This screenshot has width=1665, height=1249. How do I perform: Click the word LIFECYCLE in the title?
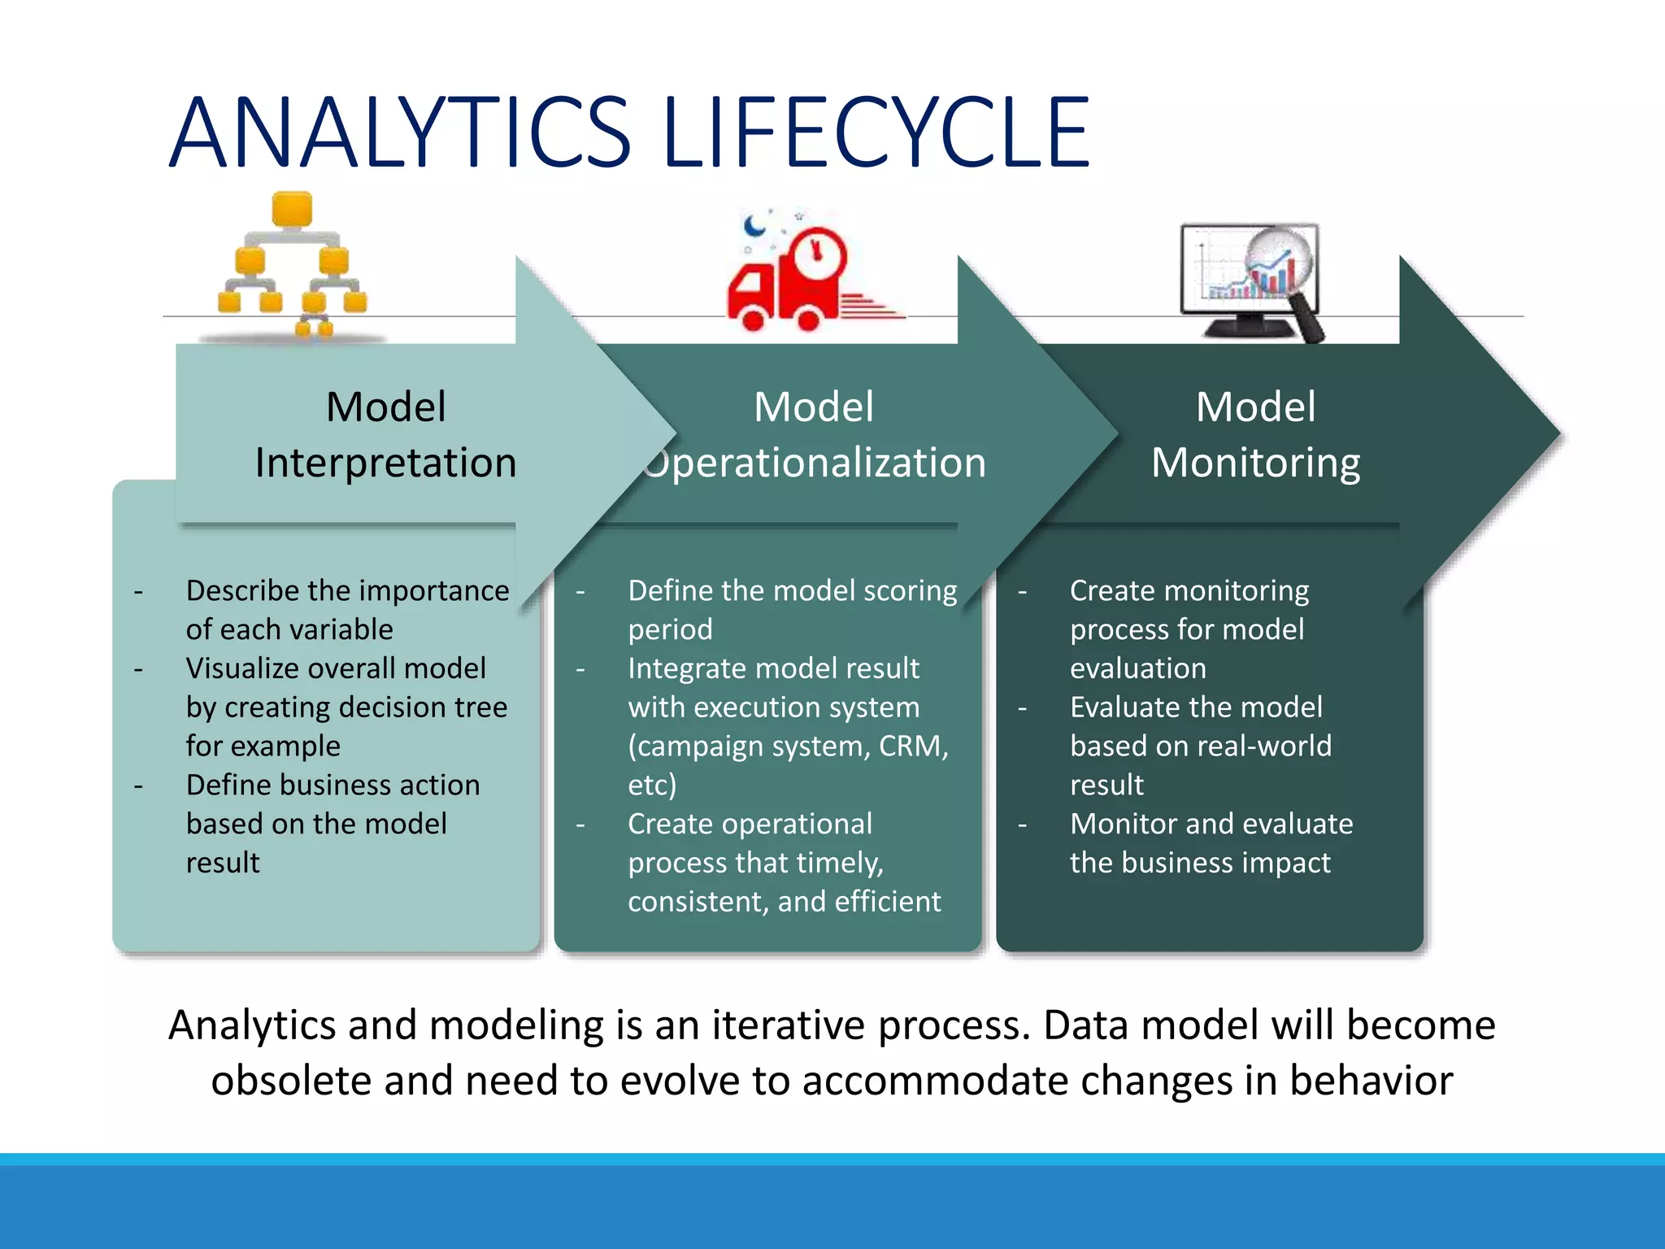[x=876, y=133]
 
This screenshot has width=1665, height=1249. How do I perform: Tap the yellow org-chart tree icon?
[x=293, y=264]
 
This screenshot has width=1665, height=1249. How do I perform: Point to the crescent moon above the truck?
[x=755, y=224]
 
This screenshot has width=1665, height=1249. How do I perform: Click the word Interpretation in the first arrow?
[x=385, y=463]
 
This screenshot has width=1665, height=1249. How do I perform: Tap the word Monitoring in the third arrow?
[x=1255, y=463]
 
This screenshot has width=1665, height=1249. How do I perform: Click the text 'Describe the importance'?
[x=347, y=590]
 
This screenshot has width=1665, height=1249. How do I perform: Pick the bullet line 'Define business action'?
[x=333, y=785]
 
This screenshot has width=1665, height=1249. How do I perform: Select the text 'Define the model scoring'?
[x=792, y=590]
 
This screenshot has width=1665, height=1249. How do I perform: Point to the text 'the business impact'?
[x=1200, y=863]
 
